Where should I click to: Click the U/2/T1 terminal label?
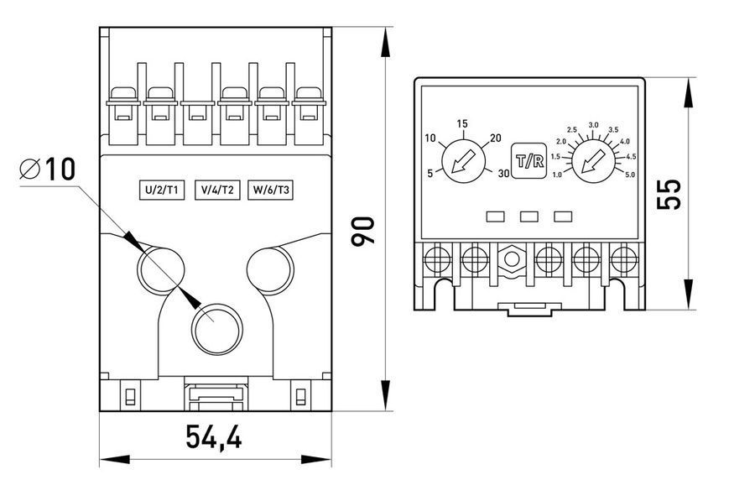coord(162,190)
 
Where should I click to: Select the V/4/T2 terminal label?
coord(217,190)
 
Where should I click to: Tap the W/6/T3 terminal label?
coord(271,190)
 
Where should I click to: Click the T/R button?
coord(529,161)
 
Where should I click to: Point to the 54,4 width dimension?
coord(214,436)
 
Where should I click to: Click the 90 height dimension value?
coord(362,231)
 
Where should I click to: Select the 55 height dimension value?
coord(669,194)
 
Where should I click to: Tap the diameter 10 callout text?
coord(48,169)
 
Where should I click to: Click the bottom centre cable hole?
coord(216,330)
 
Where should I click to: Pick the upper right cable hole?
coord(270,270)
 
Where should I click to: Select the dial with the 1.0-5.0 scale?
coord(593,161)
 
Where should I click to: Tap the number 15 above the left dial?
coord(461,124)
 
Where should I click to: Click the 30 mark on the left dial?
coord(503,174)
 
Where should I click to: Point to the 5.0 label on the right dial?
coord(629,175)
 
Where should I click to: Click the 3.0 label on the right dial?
coord(593,126)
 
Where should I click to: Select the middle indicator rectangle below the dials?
coord(529,217)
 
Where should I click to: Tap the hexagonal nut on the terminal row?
coord(512,259)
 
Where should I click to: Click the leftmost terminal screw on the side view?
coord(438,259)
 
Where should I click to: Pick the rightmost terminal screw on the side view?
coord(623,259)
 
